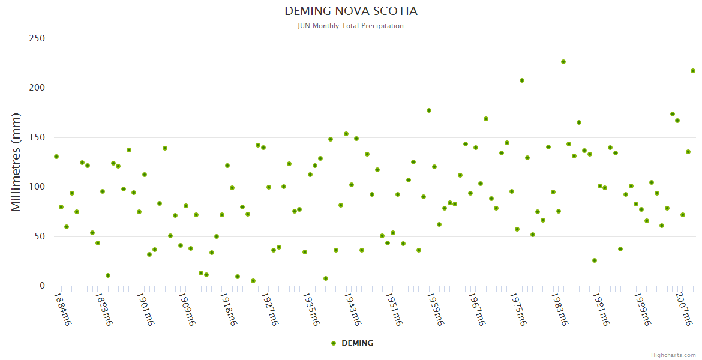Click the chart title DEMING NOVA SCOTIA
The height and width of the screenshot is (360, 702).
coord(351,11)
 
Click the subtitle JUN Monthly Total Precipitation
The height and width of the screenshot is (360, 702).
coord(351,26)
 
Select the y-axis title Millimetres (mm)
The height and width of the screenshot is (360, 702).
coord(16,162)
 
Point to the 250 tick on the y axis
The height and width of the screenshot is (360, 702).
coord(37,38)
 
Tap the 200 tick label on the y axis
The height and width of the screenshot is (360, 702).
coord(37,88)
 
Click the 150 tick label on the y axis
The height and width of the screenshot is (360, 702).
coord(37,137)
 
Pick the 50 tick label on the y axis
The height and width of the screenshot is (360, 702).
coord(40,236)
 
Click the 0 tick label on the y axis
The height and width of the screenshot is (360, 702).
coord(42,286)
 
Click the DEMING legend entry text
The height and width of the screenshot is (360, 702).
coord(357,343)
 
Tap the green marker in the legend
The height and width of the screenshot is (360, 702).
coord(334,343)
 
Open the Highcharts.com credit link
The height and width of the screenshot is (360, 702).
coord(673,355)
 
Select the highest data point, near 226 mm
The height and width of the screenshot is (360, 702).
coord(563,62)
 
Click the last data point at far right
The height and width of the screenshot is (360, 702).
coord(693,71)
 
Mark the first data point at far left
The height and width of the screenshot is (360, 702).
coord(56,157)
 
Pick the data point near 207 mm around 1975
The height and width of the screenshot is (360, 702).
coord(522,80)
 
